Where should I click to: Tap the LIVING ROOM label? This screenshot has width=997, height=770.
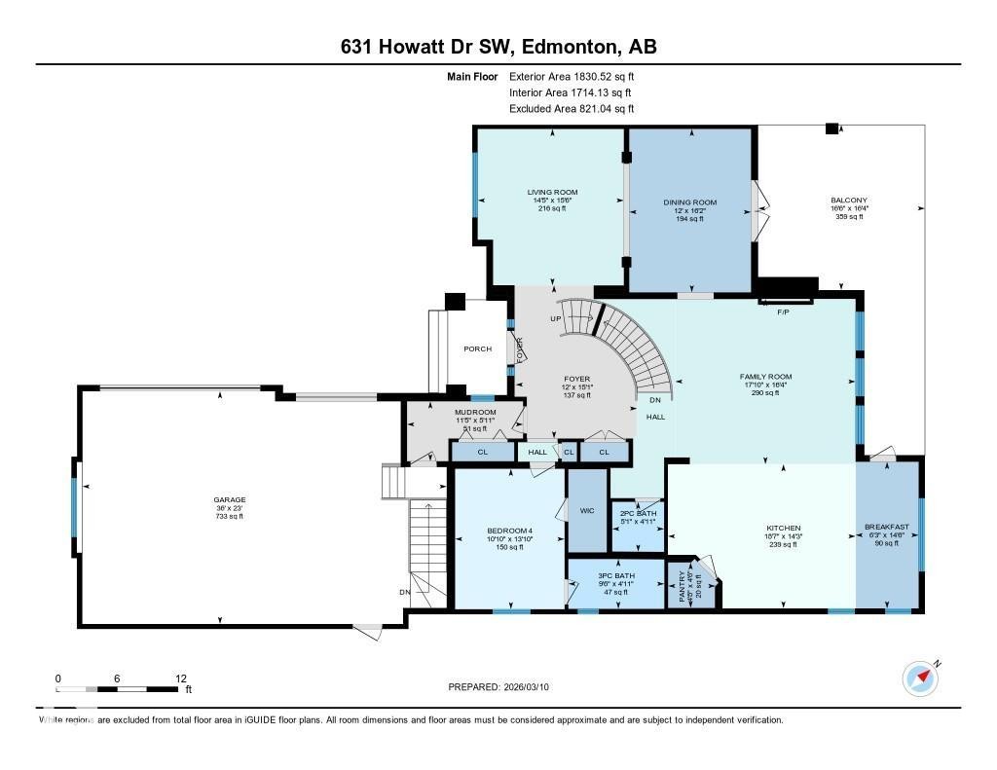click(x=553, y=192)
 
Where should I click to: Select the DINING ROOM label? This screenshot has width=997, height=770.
click(x=689, y=202)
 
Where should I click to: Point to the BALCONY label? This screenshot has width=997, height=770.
click(x=849, y=201)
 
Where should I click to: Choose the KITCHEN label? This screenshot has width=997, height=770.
click(x=782, y=529)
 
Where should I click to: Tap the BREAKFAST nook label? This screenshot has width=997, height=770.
click(x=886, y=527)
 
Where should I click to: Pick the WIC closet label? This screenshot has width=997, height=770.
click(x=587, y=510)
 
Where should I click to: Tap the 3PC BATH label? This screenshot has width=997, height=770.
click(x=615, y=576)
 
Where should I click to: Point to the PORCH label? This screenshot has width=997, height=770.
click(x=477, y=348)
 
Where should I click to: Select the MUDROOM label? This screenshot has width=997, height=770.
click(x=476, y=412)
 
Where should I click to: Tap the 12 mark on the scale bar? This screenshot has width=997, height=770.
click(x=180, y=678)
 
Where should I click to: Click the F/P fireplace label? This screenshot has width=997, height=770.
click(x=782, y=313)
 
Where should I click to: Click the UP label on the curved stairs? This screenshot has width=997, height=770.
click(x=556, y=318)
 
